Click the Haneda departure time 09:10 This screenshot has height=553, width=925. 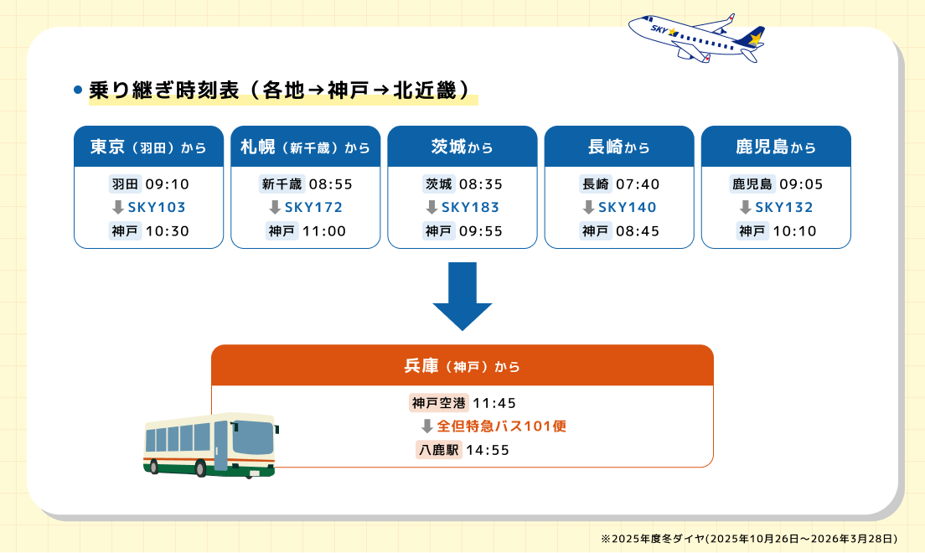pyautogui.click(x=167, y=183)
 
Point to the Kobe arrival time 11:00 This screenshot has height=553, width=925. pyautogui.click(x=323, y=231)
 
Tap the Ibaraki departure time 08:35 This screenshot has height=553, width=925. pyautogui.click(x=481, y=183)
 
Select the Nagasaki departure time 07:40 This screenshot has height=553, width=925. pyautogui.click(x=638, y=183)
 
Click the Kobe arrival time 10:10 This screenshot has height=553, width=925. pyautogui.click(x=794, y=231)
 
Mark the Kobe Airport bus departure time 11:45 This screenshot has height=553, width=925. pyautogui.click(x=499, y=403)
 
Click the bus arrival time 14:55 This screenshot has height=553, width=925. pyautogui.click(x=488, y=450)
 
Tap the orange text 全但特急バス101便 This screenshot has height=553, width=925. pyautogui.click(x=502, y=426)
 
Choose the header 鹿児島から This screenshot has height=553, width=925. pyautogui.click(x=776, y=147)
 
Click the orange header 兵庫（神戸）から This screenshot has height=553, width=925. pyautogui.click(x=462, y=366)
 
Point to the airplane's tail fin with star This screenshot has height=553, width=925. pyautogui.click(x=755, y=38)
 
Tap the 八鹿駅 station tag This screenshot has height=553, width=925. pyautogui.click(x=439, y=450)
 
